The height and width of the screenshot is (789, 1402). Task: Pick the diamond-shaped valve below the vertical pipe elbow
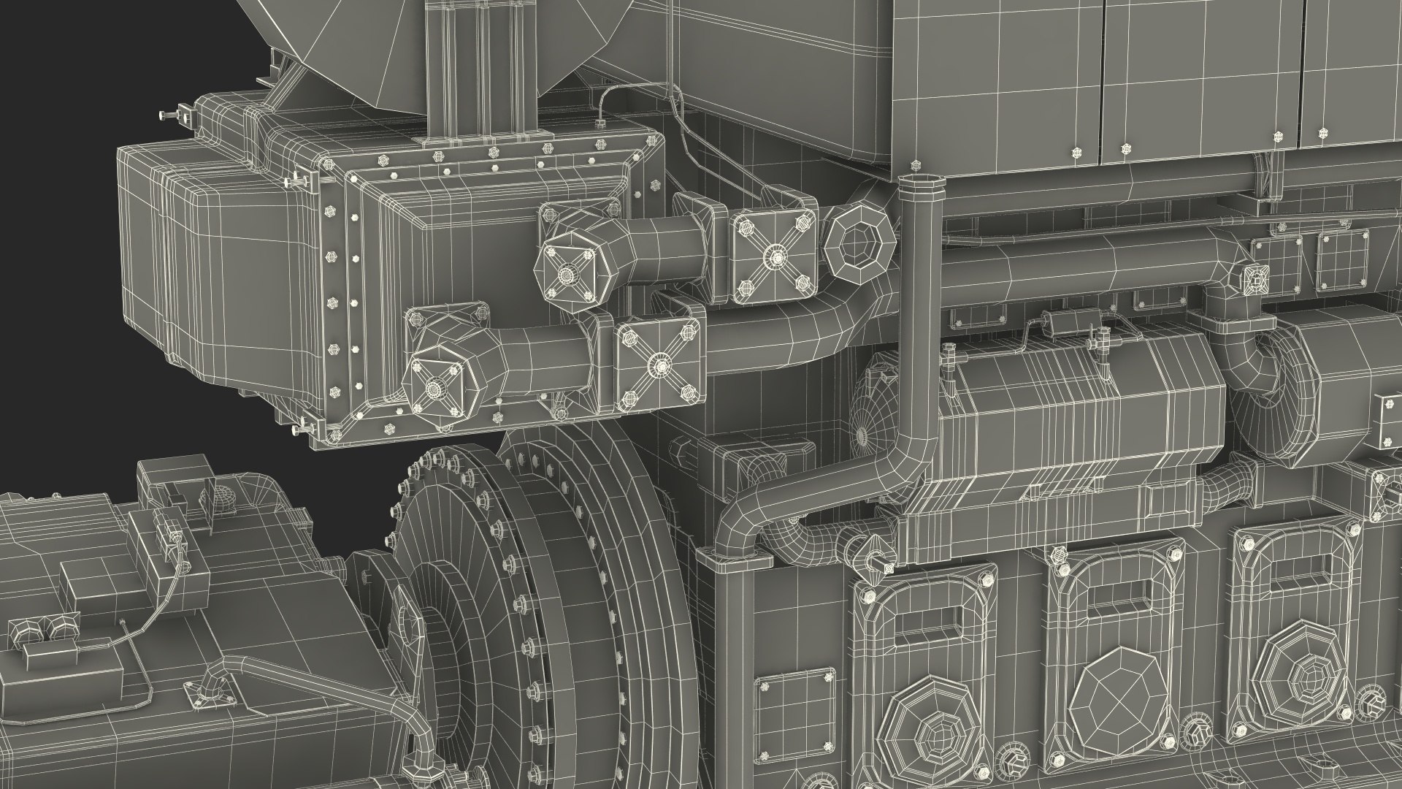(x=872, y=551)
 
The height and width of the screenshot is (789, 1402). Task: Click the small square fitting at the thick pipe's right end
(x=1256, y=278)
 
